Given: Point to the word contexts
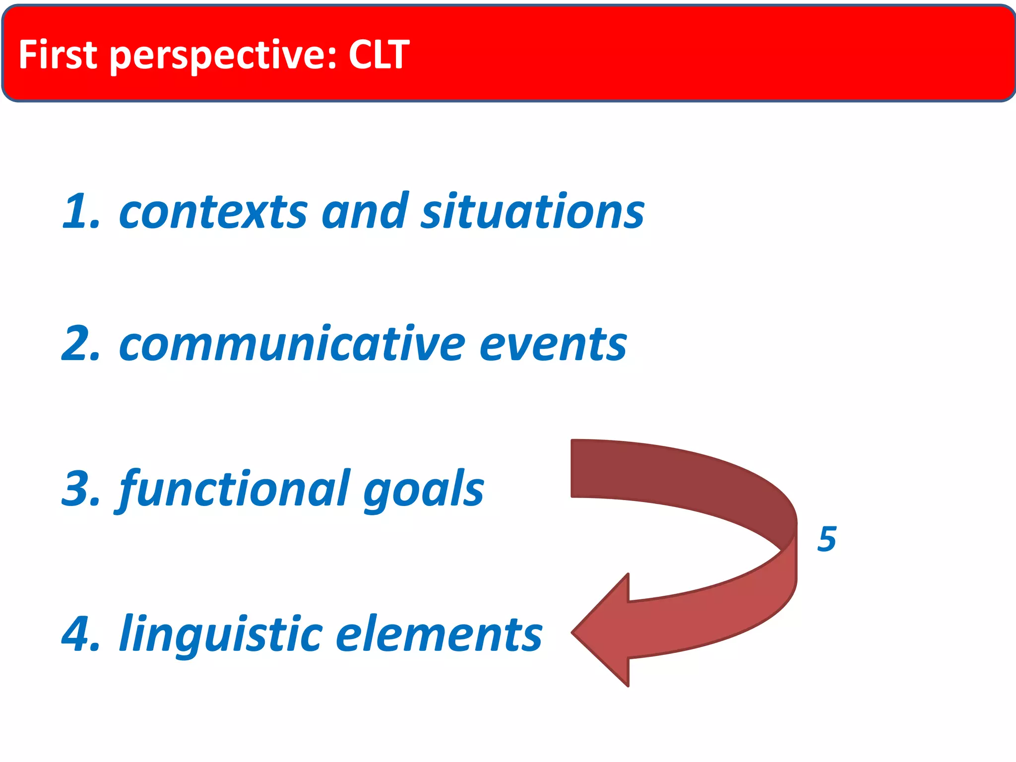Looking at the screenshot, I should click(x=213, y=212).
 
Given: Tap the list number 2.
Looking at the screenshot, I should click(x=79, y=344).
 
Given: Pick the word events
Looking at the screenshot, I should click(x=553, y=344).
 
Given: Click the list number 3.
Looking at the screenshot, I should click(x=79, y=489).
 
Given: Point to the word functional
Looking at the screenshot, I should click(x=233, y=489).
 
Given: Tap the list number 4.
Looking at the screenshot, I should click(x=79, y=634).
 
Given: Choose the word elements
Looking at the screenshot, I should click(x=439, y=635).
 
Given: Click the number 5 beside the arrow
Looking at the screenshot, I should click(x=826, y=539).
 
